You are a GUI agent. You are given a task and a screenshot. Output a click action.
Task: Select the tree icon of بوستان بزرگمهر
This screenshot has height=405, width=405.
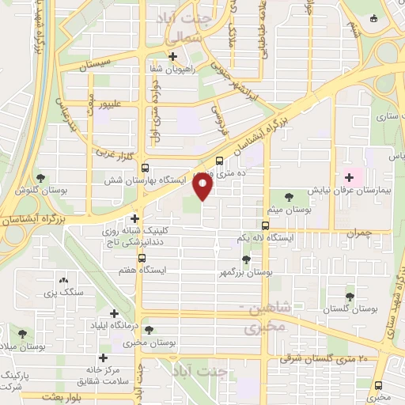coord(246,259)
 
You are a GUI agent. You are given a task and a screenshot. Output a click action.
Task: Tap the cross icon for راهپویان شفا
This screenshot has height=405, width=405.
coord(172,56)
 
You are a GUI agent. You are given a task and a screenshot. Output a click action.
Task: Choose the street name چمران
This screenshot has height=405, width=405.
coord(379,233)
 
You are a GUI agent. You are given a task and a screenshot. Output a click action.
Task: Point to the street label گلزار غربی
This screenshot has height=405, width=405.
coord(112,150)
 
